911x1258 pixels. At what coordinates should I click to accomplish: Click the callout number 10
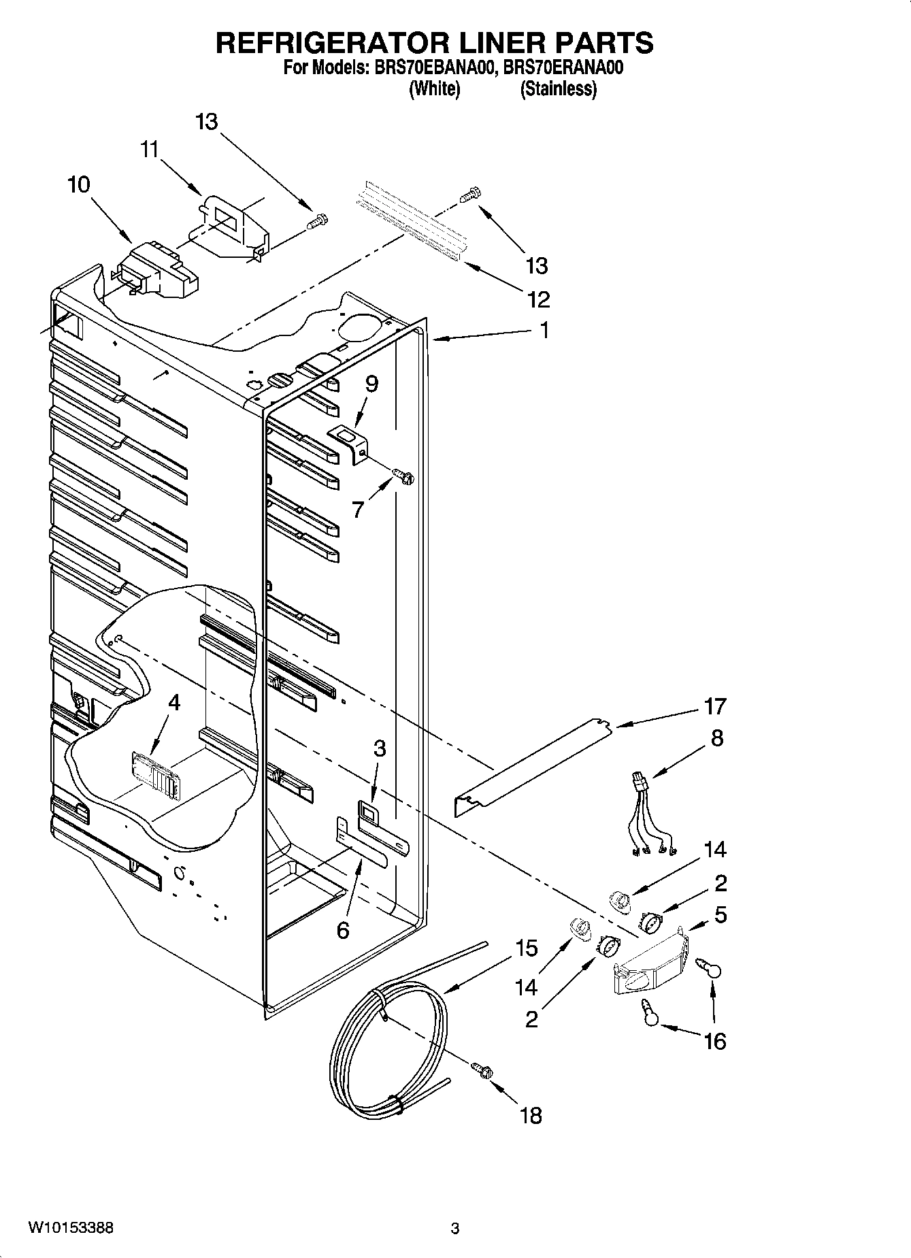[79, 184]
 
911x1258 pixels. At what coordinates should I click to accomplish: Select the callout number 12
[537, 299]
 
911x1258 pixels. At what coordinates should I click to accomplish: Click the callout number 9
[371, 384]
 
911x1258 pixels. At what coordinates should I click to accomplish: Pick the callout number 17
[715, 707]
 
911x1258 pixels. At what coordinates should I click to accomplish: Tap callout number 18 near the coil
[531, 1115]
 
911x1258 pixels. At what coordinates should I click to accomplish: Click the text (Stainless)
[559, 89]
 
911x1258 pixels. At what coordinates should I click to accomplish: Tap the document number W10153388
[71, 1228]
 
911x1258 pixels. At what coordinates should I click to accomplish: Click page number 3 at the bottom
[455, 1229]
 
